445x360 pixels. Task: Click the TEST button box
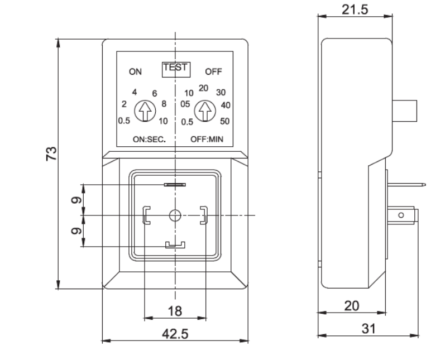click(176, 69)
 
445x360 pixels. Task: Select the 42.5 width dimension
click(175, 333)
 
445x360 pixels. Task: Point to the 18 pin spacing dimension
click(175, 311)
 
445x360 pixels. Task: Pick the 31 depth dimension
click(367, 329)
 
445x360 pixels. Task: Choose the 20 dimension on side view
click(351, 306)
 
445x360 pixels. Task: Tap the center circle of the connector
click(175, 215)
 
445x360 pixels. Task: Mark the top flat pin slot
click(175, 184)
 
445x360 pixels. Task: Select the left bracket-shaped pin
click(146, 215)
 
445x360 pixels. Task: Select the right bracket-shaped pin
click(204, 215)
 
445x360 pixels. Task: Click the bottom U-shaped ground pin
click(175, 244)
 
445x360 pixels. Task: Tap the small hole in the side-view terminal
click(401, 215)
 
